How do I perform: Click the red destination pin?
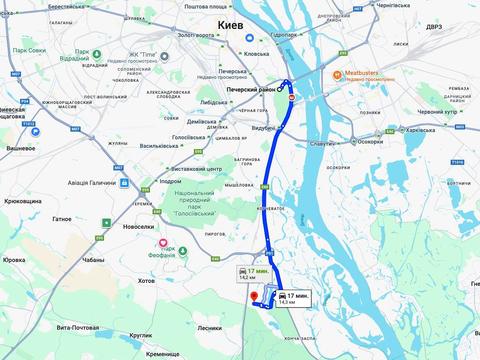point(253,297)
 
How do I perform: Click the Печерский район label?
point(251,87)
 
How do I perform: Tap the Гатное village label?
point(62,218)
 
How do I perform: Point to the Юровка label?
point(13,260)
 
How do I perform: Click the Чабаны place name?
point(93,259)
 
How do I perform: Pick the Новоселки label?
point(137,226)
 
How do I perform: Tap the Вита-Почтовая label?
point(77,327)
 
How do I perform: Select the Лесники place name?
point(209,327)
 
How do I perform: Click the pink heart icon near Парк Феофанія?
point(161,244)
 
